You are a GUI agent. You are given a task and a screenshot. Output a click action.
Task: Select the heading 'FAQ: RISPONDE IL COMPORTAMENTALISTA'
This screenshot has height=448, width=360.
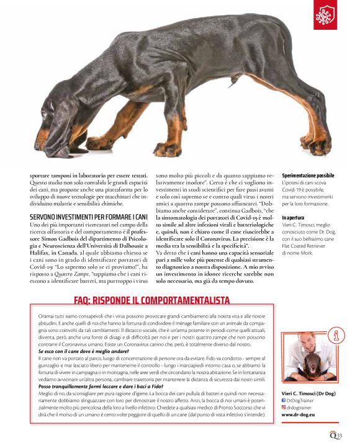151,300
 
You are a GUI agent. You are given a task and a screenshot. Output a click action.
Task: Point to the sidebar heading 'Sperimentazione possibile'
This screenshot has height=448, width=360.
308,176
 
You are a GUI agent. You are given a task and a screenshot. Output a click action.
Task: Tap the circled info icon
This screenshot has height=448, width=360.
338,335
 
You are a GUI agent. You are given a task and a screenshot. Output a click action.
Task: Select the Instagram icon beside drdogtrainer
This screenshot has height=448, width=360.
284,408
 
